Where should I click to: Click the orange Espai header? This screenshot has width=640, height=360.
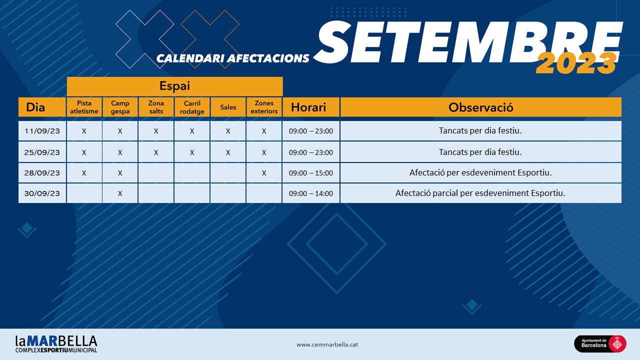coord(175,86)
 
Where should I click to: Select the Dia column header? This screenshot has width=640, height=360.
coord(42,107)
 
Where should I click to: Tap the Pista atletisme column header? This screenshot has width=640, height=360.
coord(84,107)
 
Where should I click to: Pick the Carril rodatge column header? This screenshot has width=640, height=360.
coord(192,107)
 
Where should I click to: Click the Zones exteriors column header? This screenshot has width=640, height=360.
coord(264,107)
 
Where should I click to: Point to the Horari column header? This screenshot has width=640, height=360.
coord(311,107)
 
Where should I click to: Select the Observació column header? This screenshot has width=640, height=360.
coord(481,107)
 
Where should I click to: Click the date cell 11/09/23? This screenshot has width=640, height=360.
coord(42,131)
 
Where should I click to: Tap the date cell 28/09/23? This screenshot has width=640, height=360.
coord(42,173)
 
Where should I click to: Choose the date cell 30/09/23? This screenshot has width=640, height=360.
coord(42,193)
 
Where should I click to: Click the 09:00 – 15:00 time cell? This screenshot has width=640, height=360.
coord(311,173)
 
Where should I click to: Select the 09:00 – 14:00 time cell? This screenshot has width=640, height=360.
coord(311,193)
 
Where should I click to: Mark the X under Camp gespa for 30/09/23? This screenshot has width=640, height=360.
coord(120,193)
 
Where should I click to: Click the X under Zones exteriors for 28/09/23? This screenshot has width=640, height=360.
coord(264,173)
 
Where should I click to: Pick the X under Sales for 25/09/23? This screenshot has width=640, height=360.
coord(228,152)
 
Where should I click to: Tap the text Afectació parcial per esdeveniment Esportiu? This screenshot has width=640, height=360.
coord(480,193)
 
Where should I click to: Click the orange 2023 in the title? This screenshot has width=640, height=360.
coord(576,63)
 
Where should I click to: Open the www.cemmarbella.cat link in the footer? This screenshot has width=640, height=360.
coord(327,344)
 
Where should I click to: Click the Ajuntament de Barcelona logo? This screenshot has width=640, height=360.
coord(600,343)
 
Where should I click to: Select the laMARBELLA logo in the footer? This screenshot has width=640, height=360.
coord(56,344)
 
